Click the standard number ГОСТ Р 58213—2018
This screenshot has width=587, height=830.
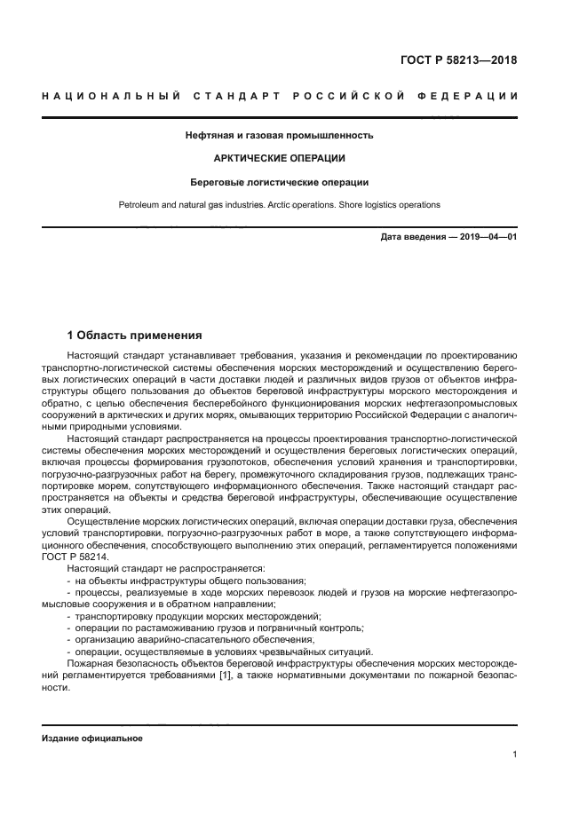point(458,61)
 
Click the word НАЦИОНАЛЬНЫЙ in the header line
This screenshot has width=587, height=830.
point(110,95)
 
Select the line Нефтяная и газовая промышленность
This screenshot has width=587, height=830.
point(279,136)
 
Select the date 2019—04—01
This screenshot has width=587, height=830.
point(487,237)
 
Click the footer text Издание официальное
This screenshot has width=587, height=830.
point(91,739)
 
